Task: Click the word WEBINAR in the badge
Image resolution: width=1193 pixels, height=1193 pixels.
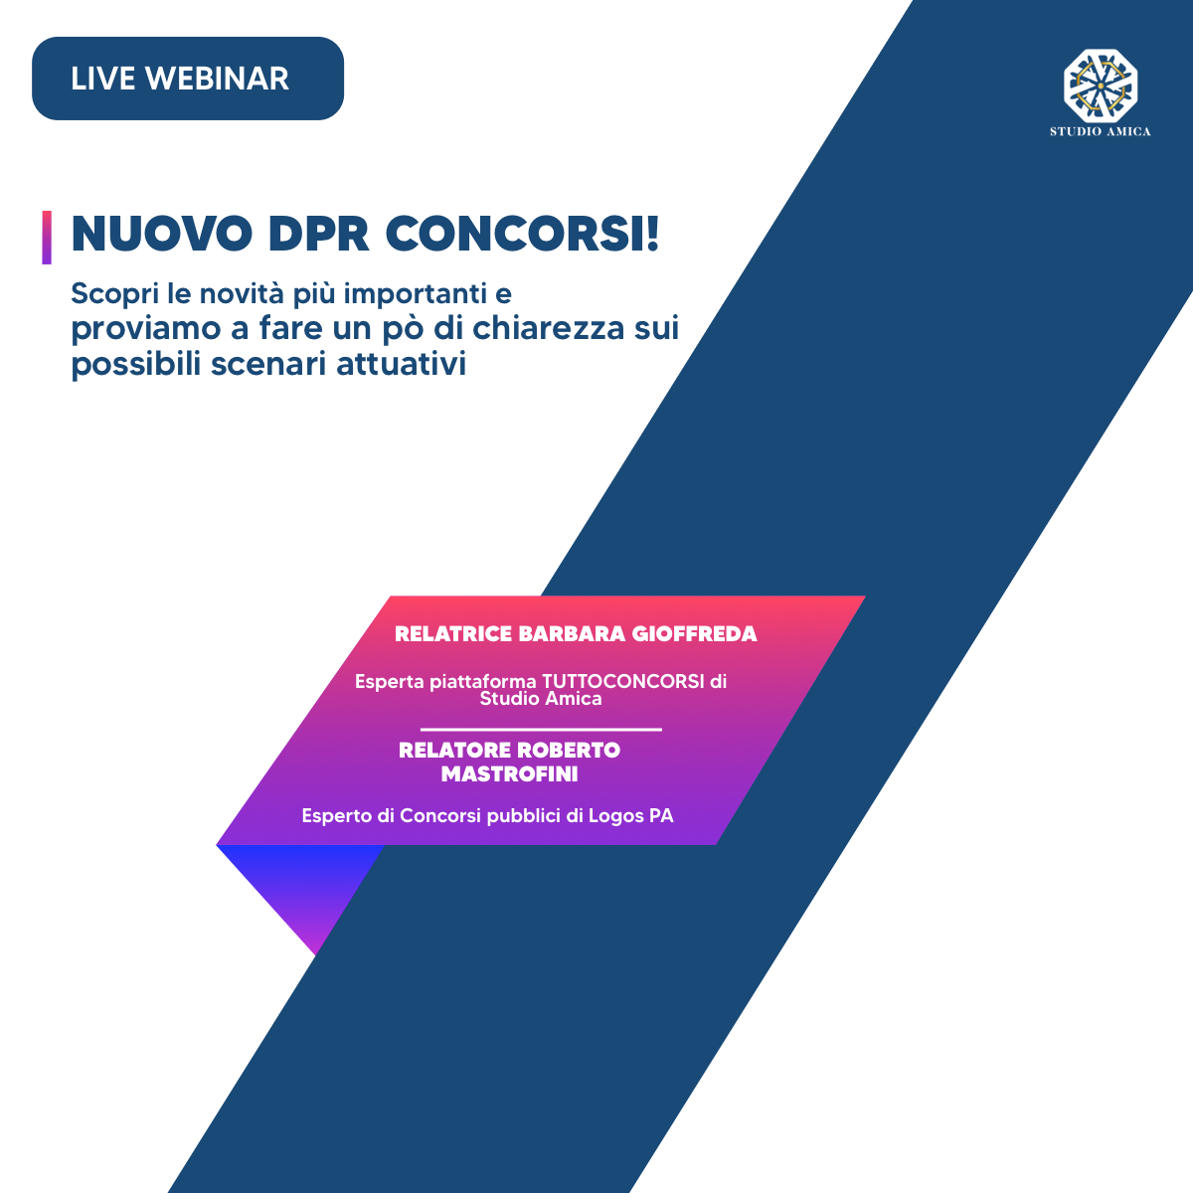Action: point(217,79)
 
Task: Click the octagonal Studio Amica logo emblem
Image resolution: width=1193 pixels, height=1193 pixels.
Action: point(1101,85)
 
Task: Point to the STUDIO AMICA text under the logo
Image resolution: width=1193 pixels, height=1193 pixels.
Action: point(1101,131)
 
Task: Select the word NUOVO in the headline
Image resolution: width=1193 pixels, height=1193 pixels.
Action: point(162,234)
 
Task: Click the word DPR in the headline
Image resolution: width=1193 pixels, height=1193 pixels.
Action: point(319,234)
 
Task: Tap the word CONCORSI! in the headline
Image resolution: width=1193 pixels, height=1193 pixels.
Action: point(523,234)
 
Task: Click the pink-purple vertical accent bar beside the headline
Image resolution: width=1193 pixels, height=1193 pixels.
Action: point(47,238)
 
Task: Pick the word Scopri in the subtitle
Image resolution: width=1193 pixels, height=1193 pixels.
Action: point(115,294)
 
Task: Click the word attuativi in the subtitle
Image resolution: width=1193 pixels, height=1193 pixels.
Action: point(402,364)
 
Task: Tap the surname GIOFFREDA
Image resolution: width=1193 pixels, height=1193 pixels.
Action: point(694,634)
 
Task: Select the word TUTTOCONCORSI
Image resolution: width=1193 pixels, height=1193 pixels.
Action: point(623,682)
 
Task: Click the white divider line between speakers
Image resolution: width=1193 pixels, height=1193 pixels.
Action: point(541,730)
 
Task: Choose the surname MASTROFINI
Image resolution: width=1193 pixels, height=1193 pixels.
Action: point(510,773)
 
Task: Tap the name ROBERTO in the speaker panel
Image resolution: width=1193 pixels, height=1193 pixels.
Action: point(569,751)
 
